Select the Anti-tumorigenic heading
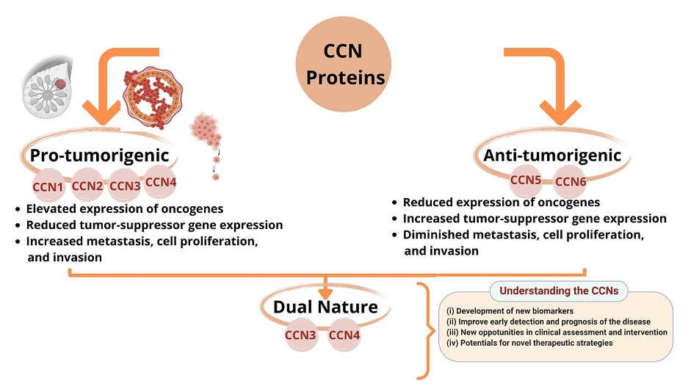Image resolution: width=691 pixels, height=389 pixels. tap(552, 156)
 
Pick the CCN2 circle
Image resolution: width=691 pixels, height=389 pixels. tap(89, 186)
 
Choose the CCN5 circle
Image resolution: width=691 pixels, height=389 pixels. tap(526, 180)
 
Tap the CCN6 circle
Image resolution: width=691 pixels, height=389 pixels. tap(570, 181)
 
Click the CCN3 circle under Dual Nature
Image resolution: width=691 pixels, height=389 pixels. tap(300, 335)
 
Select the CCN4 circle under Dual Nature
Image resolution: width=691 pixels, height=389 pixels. tap(344, 335)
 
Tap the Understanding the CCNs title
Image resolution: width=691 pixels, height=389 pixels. tap(559, 291)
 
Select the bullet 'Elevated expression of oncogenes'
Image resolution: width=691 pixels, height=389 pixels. tap(124, 209)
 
